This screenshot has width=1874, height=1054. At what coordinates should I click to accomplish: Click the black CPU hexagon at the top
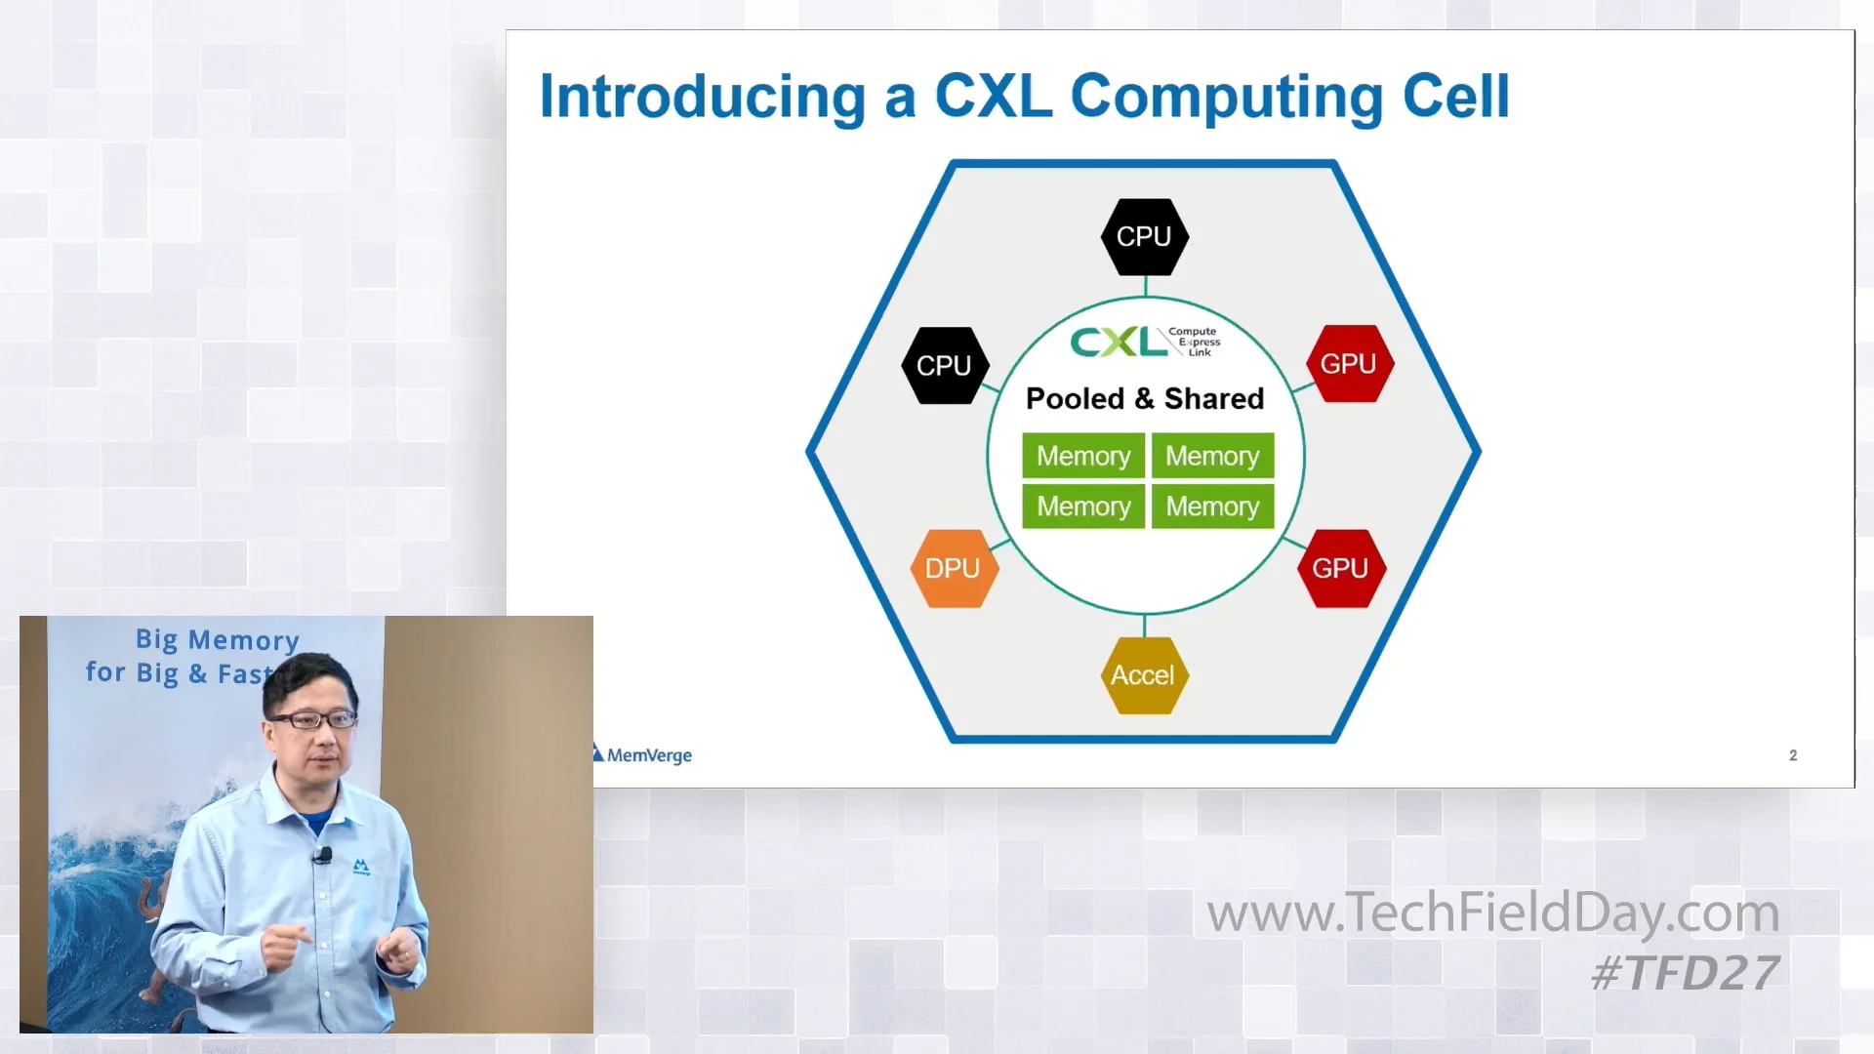click(1144, 237)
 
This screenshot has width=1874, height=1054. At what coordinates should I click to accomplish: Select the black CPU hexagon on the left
click(944, 366)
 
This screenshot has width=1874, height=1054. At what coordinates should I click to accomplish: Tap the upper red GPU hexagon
click(1349, 364)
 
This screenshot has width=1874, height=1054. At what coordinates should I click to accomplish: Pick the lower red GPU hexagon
click(1340, 569)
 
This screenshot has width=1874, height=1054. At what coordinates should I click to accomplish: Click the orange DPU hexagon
click(953, 569)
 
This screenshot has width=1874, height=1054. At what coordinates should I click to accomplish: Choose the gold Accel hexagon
click(1143, 675)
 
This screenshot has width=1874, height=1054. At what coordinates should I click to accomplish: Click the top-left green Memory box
click(1083, 456)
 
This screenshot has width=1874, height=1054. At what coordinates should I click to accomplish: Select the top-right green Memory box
click(1212, 456)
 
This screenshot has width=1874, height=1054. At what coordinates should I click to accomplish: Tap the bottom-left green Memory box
click(1083, 507)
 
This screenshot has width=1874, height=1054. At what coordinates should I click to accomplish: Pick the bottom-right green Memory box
click(1212, 507)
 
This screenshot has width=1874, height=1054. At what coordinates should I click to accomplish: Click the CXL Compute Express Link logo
click(1144, 342)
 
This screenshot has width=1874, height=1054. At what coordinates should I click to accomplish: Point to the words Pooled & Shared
click(1145, 398)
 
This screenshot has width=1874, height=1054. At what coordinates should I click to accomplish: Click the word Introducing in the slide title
click(702, 97)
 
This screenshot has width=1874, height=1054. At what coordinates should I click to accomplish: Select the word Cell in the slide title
click(1455, 97)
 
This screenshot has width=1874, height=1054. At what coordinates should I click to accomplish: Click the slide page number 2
click(1793, 755)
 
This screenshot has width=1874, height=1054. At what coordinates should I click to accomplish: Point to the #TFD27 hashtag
click(1685, 973)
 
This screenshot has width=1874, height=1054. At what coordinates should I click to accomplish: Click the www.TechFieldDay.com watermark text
click(1492, 912)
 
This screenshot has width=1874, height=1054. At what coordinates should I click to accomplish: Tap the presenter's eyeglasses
click(312, 720)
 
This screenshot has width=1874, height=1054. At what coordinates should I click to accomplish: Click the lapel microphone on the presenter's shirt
click(323, 856)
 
